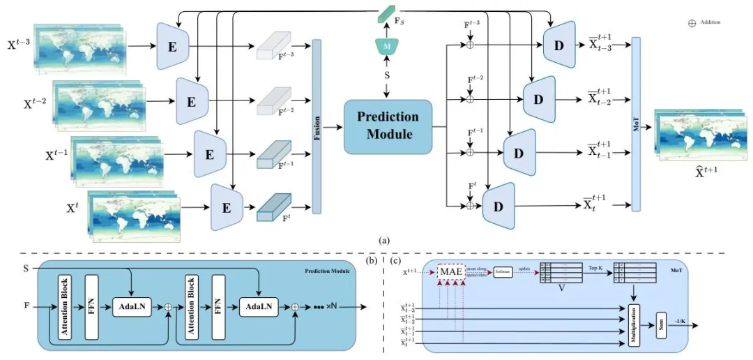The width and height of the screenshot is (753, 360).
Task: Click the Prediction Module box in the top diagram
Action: click(x=388, y=126)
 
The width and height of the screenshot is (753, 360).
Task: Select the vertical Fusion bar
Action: click(x=317, y=126)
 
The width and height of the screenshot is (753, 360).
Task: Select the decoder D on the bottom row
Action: click(x=498, y=206)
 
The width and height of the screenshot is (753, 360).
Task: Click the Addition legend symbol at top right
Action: click(x=692, y=22)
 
